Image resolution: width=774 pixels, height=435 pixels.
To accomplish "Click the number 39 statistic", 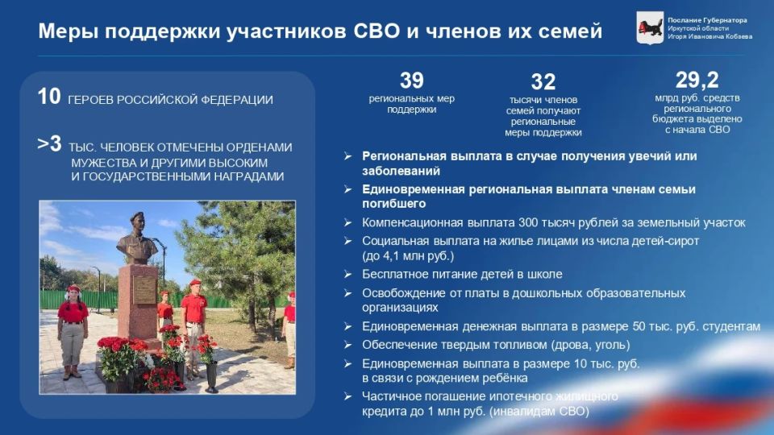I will (411, 81).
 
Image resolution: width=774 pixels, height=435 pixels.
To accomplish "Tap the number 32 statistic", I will (543, 82).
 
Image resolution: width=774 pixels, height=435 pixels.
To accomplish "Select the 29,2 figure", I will (697, 80).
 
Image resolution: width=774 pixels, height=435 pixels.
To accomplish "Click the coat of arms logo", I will (650, 27).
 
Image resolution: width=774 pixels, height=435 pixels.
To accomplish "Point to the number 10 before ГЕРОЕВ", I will (48, 97).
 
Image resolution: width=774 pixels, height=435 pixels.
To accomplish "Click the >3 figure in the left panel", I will (49, 145).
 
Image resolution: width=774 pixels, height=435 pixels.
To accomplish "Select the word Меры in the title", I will (66, 31).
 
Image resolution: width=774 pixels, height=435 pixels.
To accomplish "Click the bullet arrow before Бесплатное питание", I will (347, 275).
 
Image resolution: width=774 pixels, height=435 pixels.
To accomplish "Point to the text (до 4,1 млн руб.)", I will (408, 256).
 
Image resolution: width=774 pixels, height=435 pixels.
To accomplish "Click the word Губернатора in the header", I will (724, 20).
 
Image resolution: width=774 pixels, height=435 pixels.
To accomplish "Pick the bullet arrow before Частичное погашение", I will (347, 396).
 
